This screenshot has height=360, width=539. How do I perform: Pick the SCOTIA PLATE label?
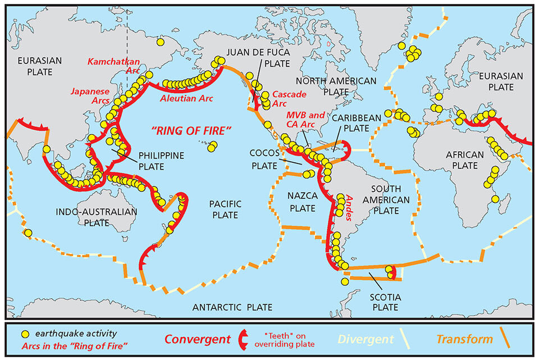pyautogui.click(x=384, y=302)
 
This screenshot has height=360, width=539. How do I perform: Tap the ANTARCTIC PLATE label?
pyautogui.click(x=232, y=307)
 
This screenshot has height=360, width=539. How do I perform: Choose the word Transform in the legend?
pyautogui.click(x=464, y=339)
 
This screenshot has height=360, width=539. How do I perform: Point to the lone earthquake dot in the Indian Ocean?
pyautogui.click(x=28, y=233)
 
